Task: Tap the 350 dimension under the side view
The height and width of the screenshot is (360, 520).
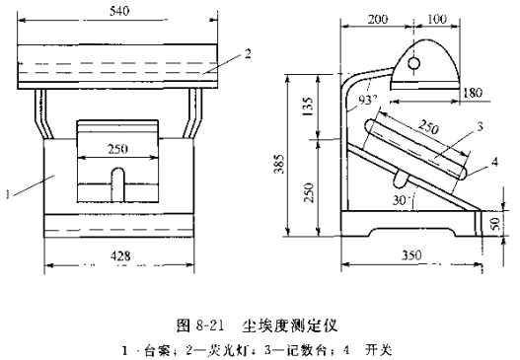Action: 417,254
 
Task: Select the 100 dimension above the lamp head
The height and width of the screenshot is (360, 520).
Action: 436,19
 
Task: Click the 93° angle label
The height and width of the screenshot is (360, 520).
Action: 366,100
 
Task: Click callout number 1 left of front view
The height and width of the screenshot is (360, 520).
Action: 8,193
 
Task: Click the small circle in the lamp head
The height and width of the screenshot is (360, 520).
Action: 415,61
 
